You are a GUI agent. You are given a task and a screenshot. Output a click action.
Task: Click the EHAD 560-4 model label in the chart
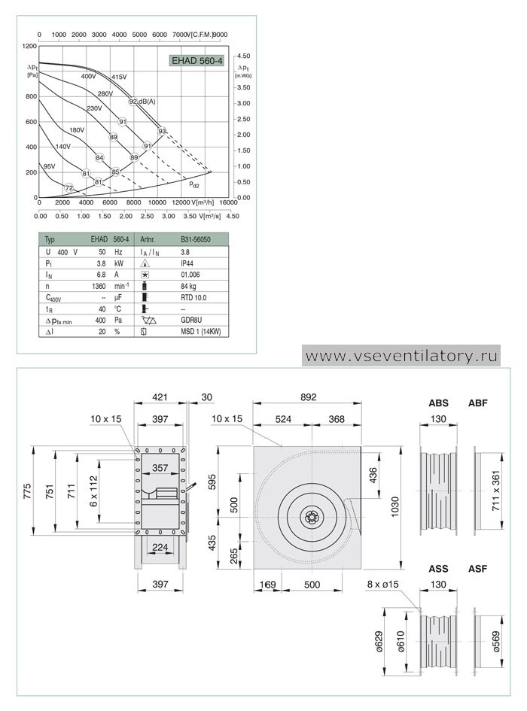[197, 60]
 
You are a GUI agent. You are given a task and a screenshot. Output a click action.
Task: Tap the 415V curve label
[119, 77]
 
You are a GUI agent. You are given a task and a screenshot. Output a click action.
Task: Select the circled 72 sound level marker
[69, 188]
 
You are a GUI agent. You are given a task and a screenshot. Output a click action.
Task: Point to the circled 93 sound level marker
[162, 131]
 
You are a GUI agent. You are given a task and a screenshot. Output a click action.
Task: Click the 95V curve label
[49, 166]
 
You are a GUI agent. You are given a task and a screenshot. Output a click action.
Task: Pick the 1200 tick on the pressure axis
[29, 46]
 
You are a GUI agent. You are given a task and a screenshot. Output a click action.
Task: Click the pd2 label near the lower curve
[194, 184]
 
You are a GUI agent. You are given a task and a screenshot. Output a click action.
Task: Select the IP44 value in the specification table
[187, 263]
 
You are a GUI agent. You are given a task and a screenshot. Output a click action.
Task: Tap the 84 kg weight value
[188, 286]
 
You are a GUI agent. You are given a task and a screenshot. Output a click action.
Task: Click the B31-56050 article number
[196, 239]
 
